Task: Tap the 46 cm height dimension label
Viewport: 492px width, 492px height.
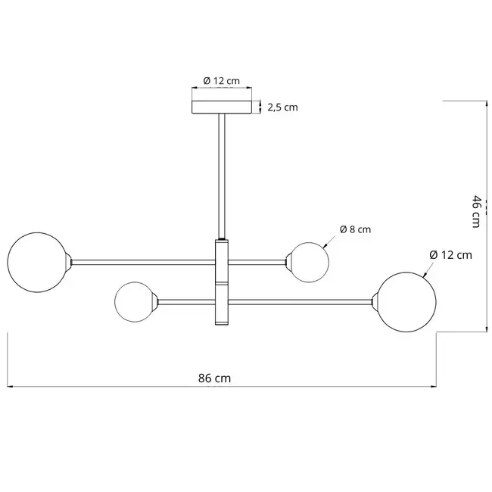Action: tap(475, 210)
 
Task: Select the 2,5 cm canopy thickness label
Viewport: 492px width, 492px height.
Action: tap(283, 107)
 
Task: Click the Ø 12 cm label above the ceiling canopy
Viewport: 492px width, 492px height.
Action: tap(222, 81)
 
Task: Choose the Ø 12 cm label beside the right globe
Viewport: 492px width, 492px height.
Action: tap(450, 254)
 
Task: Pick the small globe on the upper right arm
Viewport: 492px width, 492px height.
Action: tap(309, 262)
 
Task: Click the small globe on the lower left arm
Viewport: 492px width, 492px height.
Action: tap(135, 301)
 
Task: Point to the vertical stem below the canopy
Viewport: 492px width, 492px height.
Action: tap(222, 174)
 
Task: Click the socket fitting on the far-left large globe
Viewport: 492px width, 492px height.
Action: tap(69, 261)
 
